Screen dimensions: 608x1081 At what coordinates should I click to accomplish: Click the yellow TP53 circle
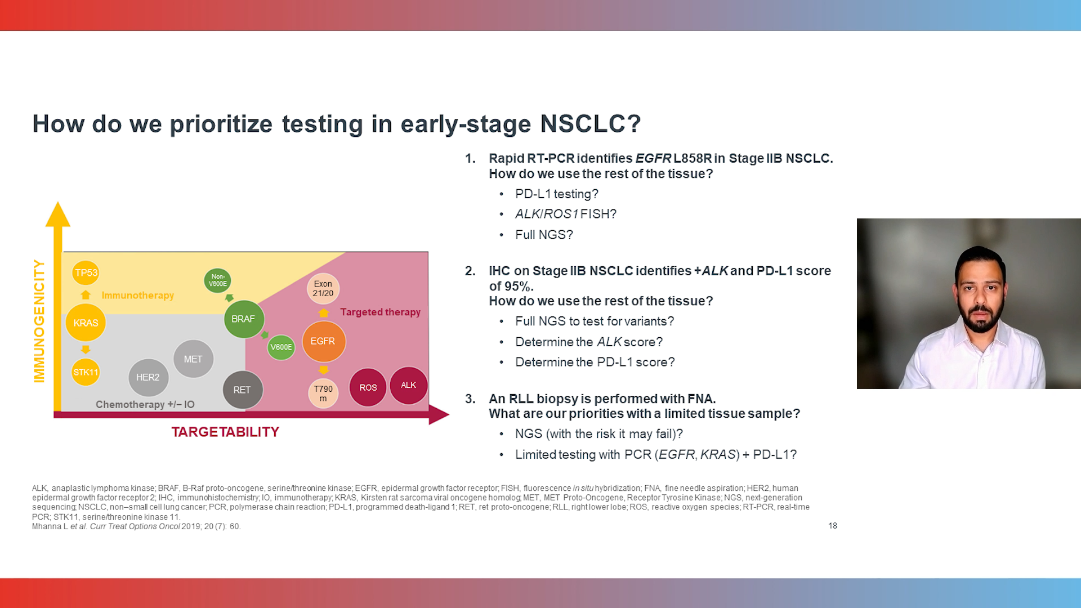pos(86,272)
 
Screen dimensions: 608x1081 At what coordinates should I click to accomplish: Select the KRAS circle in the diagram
pos(86,323)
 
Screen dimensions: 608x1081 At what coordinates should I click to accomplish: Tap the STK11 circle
pos(86,372)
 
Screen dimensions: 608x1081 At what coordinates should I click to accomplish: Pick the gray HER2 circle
pos(148,377)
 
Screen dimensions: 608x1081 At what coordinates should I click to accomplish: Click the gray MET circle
pos(193,359)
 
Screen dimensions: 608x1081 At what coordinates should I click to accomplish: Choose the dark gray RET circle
pos(242,390)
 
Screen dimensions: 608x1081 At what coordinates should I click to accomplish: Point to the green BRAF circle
pos(243,319)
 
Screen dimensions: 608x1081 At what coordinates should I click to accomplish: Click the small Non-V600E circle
pos(218,280)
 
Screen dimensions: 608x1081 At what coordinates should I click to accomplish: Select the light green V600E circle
pos(281,347)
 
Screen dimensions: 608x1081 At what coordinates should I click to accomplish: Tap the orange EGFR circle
pos(323,341)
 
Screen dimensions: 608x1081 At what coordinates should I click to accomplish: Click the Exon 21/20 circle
pos(323,288)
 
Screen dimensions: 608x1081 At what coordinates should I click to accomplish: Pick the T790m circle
pos(323,393)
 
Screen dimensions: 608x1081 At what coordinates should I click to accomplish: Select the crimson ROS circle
pos(368,387)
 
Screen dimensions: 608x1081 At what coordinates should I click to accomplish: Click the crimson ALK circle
pos(408,385)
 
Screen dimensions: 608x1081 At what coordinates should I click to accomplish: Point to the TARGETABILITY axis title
pos(225,432)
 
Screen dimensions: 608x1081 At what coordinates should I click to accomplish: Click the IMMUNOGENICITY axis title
pos(39,321)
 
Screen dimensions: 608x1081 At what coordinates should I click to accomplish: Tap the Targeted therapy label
pos(380,312)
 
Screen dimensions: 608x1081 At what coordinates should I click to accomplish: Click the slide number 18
pos(833,525)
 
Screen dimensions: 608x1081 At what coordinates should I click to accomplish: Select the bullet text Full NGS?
pos(543,235)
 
